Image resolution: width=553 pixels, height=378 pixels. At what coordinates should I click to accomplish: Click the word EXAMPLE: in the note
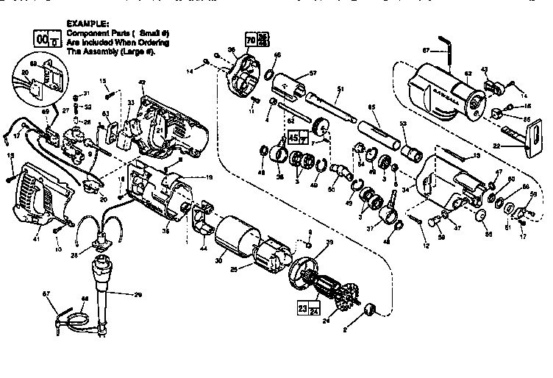coord(88,24)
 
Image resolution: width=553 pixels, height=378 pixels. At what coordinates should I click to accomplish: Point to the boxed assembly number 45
coord(293,137)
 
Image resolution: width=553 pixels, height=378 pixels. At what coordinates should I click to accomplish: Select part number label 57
coord(313,74)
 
